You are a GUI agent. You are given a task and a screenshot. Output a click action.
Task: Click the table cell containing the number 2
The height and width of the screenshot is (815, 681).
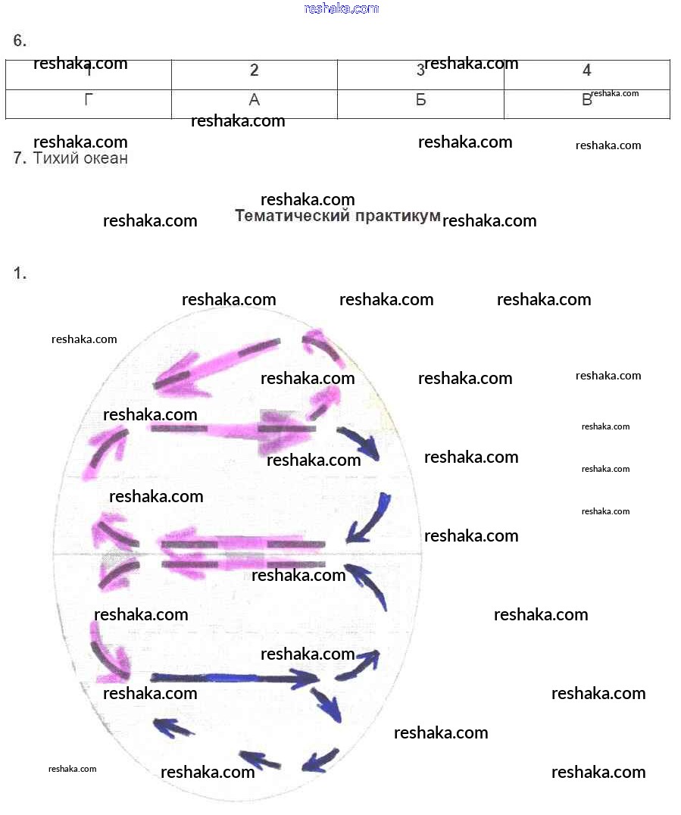point(255,71)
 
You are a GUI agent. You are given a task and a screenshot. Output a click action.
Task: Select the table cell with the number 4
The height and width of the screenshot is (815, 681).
point(587,71)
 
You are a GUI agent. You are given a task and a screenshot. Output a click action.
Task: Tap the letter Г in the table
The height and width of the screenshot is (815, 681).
point(89,100)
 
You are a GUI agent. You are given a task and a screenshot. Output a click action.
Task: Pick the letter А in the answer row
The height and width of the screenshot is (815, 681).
point(255,100)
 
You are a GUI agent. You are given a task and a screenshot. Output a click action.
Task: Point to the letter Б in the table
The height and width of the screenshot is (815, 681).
point(421,100)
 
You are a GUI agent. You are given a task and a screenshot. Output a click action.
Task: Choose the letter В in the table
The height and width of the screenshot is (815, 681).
point(586,100)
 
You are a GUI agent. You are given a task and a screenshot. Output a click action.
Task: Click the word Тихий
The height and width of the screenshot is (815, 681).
point(55,158)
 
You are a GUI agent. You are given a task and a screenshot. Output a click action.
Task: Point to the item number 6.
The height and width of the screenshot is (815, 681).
point(20,41)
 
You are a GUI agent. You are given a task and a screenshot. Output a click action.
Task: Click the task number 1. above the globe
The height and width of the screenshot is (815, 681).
point(20,274)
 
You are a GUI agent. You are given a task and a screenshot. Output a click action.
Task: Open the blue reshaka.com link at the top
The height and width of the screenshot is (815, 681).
point(341,8)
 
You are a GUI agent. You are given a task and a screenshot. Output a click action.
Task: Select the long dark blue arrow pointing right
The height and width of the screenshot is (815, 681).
point(235,677)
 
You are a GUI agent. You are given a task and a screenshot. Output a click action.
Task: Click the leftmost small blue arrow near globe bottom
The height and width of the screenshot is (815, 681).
point(173,728)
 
